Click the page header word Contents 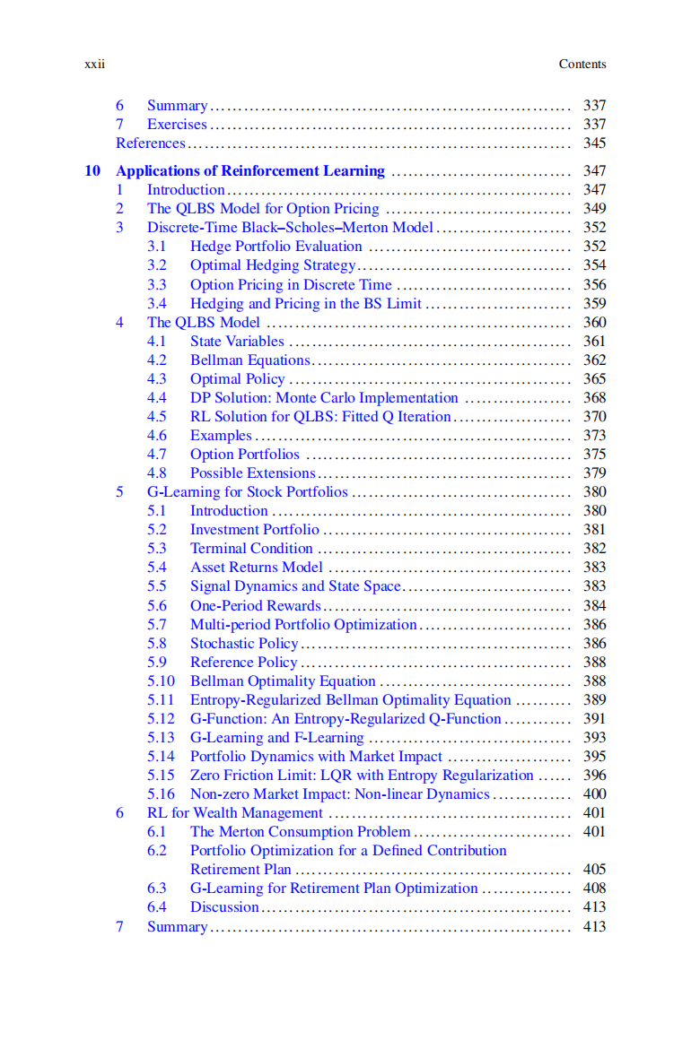pos(582,64)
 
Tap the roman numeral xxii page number pos(94,64)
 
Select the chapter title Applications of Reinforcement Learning pos(250,170)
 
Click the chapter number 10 pos(92,170)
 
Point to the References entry pos(151,143)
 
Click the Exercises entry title pos(177,124)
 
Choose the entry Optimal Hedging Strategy pos(273,264)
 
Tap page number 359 pos(594,303)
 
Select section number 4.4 pos(157,397)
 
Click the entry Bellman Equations pos(249,360)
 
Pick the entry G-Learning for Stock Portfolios pos(247,491)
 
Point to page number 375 pos(594,454)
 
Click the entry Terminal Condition pos(251,548)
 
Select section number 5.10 pos(161,681)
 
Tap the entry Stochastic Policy pos(244,643)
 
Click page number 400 pos(594,793)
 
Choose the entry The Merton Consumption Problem pos(300,831)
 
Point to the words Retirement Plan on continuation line pos(241,869)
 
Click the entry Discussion pos(224,906)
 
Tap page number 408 pos(594,888)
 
